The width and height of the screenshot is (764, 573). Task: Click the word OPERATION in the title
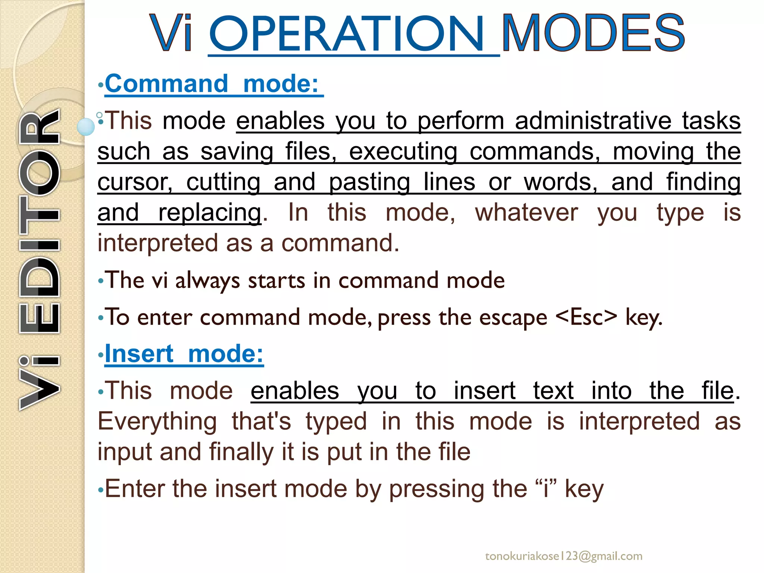pos(347,34)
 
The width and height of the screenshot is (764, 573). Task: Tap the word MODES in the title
pos(593,34)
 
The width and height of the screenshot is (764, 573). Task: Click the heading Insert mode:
pos(184,354)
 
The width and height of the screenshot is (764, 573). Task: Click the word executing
pos(403,152)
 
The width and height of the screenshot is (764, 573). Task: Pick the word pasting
pos(369,182)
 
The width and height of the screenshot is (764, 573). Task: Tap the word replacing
pos(210,213)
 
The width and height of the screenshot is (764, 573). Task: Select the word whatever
pos(526,213)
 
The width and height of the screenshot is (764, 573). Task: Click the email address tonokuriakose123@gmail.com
pos(564,556)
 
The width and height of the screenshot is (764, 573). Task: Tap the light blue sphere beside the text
pos(86,126)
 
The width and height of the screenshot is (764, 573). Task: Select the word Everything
pos(157,422)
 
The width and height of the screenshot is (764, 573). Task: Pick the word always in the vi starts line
pos(207,281)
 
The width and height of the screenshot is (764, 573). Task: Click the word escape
pos(513,318)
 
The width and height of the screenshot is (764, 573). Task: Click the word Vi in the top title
pos(172,34)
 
